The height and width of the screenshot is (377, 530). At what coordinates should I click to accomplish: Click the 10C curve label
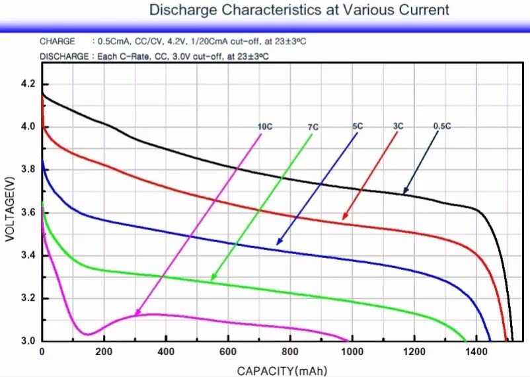pyautogui.click(x=264, y=127)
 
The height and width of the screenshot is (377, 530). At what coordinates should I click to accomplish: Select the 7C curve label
pyautogui.click(x=313, y=127)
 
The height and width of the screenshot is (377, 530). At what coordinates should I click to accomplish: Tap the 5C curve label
pyautogui.click(x=358, y=126)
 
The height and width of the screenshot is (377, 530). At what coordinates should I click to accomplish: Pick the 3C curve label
pyautogui.click(x=398, y=126)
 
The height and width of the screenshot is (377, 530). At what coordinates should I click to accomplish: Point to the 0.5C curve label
pyautogui.click(x=442, y=126)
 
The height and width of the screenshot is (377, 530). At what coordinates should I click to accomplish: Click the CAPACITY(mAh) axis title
pyautogui.click(x=282, y=370)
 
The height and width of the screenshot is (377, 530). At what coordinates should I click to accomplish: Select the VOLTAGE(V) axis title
pyautogui.click(x=9, y=208)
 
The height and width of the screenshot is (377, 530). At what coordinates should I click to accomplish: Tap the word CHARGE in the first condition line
pyautogui.click(x=57, y=41)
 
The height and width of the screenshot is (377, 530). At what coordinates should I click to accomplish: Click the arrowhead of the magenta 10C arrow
pyautogui.click(x=136, y=314)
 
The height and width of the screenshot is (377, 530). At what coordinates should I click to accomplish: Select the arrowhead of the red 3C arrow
pyautogui.click(x=343, y=218)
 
